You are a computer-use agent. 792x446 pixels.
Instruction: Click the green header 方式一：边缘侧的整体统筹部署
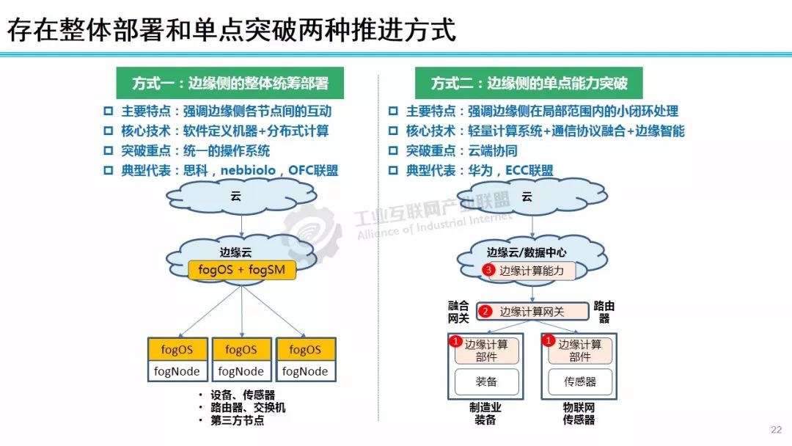click(230, 83)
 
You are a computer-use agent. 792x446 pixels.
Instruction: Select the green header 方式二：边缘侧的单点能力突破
click(528, 83)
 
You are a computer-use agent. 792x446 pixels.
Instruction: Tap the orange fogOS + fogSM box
click(242, 270)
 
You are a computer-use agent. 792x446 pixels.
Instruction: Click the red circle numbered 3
click(490, 271)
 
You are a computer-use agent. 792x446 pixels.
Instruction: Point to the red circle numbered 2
click(485, 312)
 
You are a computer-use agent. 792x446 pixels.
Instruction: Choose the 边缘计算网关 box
click(533, 312)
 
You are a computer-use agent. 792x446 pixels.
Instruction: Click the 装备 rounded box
click(486, 381)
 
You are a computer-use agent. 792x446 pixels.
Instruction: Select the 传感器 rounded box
click(579, 381)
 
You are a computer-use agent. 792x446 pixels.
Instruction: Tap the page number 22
click(777, 430)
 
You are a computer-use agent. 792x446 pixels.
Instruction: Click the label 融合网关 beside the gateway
click(458, 312)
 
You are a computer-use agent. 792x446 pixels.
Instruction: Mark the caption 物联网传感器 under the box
click(579, 413)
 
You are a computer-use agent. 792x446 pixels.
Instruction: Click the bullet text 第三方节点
click(237, 421)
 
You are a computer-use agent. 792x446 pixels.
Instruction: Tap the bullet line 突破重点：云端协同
click(462, 151)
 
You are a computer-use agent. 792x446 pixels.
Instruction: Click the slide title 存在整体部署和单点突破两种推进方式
click(232, 29)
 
